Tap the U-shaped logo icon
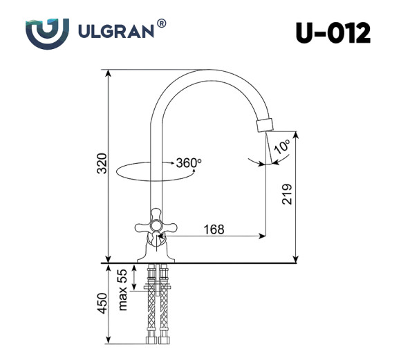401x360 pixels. (x=48, y=32)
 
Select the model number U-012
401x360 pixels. (x=332, y=32)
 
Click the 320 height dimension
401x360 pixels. (x=102, y=164)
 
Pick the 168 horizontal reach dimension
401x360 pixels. (x=214, y=229)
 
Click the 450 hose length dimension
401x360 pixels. (x=102, y=303)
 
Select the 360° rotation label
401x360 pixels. (x=188, y=163)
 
